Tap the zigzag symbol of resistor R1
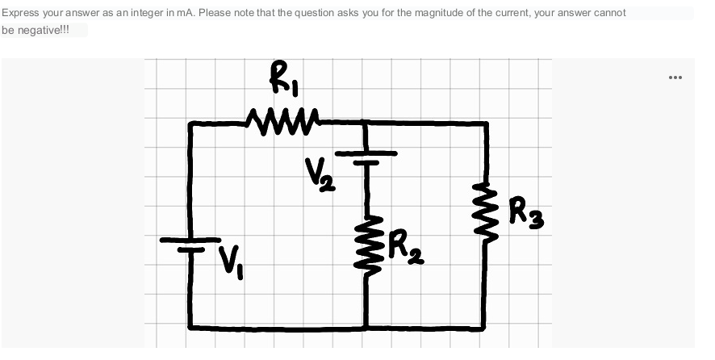[282, 123]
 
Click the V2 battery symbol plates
[366, 157]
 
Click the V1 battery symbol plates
[190, 244]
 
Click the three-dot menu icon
[675, 77]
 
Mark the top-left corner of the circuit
[190, 123]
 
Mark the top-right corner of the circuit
[487, 123]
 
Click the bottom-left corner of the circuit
[190, 327]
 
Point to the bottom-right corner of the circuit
[486, 328]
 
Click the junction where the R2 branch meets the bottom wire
[366, 328]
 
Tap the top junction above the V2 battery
[366, 123]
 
